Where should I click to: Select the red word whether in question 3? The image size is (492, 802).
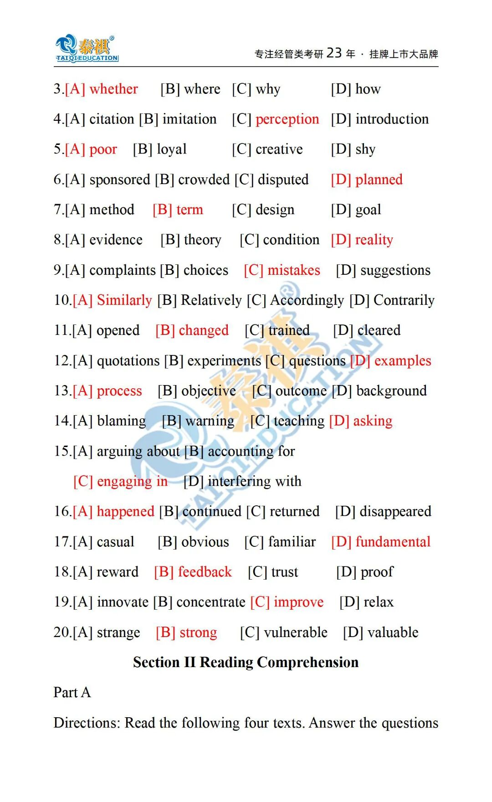coord(113,89)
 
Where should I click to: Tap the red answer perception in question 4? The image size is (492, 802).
coord(287,119)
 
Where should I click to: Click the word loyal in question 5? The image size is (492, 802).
coord(172,149)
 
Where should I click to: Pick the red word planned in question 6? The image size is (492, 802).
coord(379,180)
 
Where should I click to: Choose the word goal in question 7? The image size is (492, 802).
coord(368,210)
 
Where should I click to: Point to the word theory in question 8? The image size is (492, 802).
coord(202,240)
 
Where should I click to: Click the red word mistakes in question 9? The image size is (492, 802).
coord(294,270)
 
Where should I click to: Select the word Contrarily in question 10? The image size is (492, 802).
coord(404,300)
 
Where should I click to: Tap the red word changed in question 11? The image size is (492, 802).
coord(204,330)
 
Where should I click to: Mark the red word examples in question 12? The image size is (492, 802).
coord(402,361)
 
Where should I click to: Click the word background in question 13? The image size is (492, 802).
coord(391,391)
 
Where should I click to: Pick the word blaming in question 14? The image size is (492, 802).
coord(121,421)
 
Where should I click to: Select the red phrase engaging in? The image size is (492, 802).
coord(132,482)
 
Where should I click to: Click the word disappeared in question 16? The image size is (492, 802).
coord(395,512)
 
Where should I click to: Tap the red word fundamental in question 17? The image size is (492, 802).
coord(393,542)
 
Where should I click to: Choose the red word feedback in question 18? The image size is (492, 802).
coord(205,572)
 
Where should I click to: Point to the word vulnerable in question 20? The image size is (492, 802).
coord(295,632)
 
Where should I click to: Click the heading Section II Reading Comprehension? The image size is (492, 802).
coord(246,662)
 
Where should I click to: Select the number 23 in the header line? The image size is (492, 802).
coord(334,53)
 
